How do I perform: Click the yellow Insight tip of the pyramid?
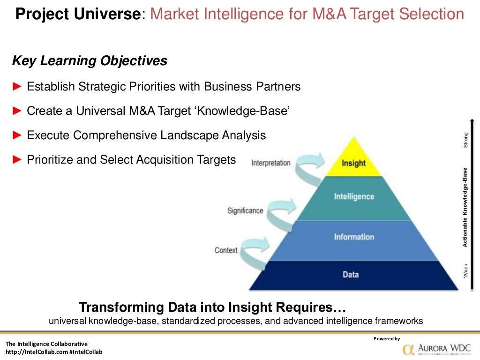pos(353,162)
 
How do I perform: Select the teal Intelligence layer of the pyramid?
pos(354,197)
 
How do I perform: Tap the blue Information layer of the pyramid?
pos(354,237)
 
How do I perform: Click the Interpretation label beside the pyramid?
pos(271,163)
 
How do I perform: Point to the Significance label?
pos(245,211)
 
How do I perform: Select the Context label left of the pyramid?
pos(226,250)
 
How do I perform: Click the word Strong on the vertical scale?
pos(465,140)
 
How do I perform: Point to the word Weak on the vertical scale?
pos(465,270)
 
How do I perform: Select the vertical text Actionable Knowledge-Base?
pos(465,207)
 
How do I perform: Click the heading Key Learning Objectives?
pos(89,61)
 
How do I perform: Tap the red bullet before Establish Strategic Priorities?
pos(17,86)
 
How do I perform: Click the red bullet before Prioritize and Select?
pos(17,160)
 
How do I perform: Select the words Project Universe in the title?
pos(78,15)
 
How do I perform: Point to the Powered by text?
pos(386,338)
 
